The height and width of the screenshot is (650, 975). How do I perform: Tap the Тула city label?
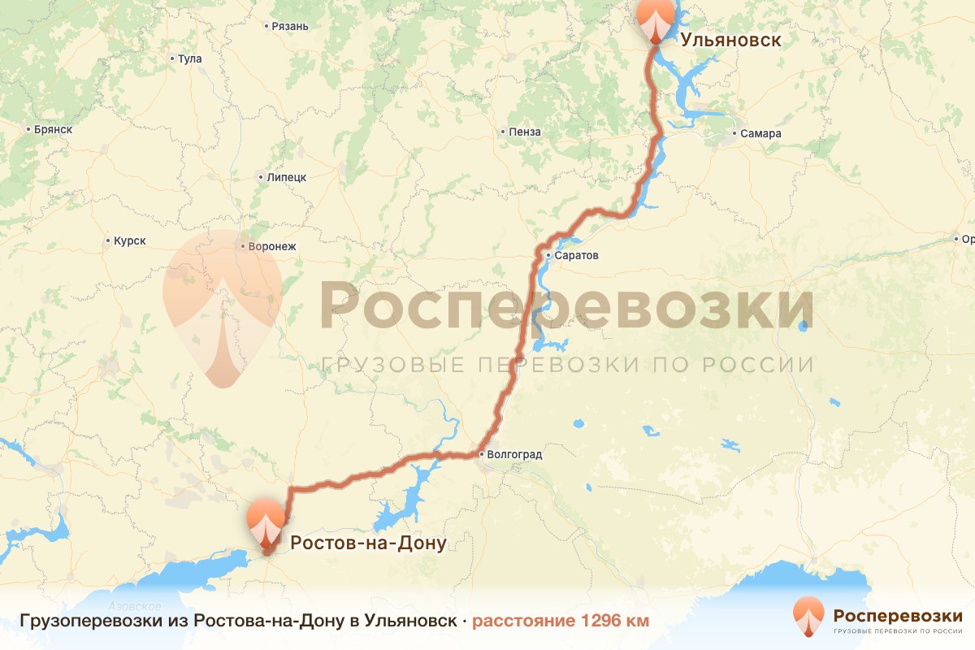pyautogui.click(x=189, y=58)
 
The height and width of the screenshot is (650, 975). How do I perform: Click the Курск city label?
pyautogui.click(x=129, y=240)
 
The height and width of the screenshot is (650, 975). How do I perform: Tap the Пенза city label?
pyautogui.click(x=524, y=132)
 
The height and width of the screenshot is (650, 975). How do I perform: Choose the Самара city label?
pyautogui.click(x=761, y=133)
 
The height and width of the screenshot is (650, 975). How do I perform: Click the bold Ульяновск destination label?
pyautogui.click(x=731, y=40)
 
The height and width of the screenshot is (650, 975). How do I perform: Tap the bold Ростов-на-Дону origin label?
pyautogui.click(x=368, y=543)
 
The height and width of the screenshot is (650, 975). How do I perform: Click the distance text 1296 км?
pyautogui.click(x=561, y=622)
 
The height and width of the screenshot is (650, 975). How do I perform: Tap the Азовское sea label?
pyautogui.click(x=134, y=607)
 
